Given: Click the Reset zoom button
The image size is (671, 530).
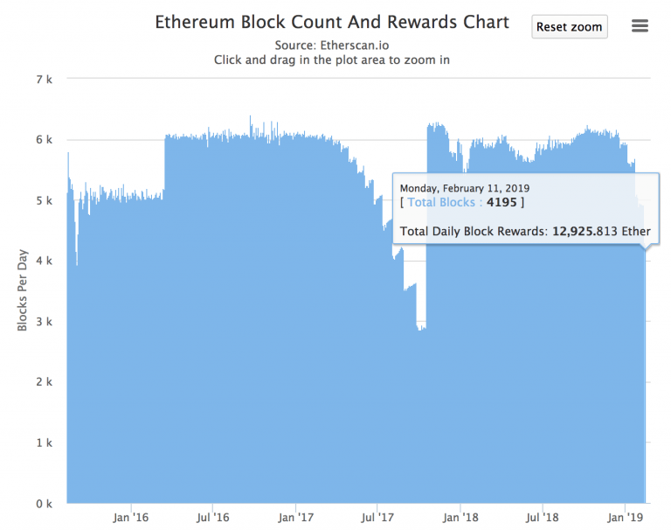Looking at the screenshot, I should (569, 27).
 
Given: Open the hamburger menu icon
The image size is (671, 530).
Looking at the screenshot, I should (640, 26).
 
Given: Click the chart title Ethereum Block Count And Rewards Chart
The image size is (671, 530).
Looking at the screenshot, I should (332, 23).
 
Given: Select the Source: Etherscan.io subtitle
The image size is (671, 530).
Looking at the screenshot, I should (332, 45).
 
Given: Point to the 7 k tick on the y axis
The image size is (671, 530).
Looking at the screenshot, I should (43, 80).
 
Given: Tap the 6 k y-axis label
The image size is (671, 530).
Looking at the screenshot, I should (43, 140).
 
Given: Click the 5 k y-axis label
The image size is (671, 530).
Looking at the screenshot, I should (43, 200).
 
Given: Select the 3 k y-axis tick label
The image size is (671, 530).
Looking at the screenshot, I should (43, 322).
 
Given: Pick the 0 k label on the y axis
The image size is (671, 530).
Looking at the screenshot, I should (43, 504).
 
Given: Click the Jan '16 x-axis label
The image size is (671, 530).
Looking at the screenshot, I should (130, 518).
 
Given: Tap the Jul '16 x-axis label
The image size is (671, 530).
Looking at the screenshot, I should (212, 518).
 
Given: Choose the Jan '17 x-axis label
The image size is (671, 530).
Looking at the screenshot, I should (295, 518).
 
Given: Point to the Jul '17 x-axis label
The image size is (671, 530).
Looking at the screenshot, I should (377, 518).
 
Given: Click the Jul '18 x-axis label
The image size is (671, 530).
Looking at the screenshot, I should (542, 518).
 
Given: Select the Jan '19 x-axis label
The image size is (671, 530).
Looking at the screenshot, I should (625, 518).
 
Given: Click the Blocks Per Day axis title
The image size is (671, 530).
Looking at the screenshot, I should (23, 291).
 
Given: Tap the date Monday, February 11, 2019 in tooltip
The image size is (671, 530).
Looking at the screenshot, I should (464, 188).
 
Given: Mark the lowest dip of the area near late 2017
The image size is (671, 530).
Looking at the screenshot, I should (421, 329).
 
